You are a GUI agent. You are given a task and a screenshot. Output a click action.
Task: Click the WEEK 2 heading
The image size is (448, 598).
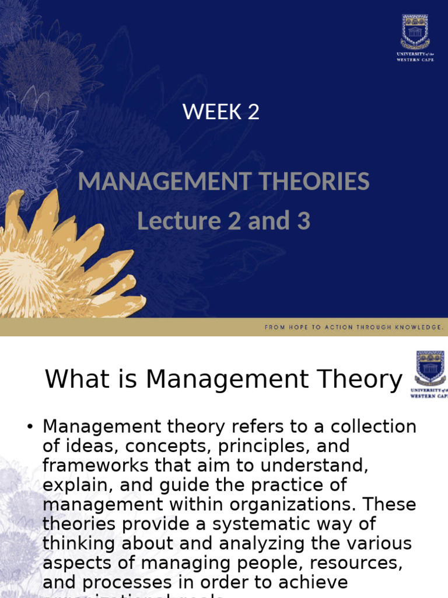pos(221,111)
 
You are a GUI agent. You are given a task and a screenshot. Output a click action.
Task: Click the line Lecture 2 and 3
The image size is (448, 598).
pos(223,221)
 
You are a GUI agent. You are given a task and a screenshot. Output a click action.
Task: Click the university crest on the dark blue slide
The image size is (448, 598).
pos(415,33)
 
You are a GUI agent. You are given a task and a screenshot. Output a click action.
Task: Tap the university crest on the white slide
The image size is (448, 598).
pos(430,368)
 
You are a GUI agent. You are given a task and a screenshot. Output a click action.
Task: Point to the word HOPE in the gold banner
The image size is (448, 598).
pos(298,328)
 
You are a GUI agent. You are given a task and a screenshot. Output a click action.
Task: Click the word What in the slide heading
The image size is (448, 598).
pos(69,380)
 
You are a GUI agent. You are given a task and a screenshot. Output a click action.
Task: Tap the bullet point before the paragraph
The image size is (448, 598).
pos(29,427)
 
